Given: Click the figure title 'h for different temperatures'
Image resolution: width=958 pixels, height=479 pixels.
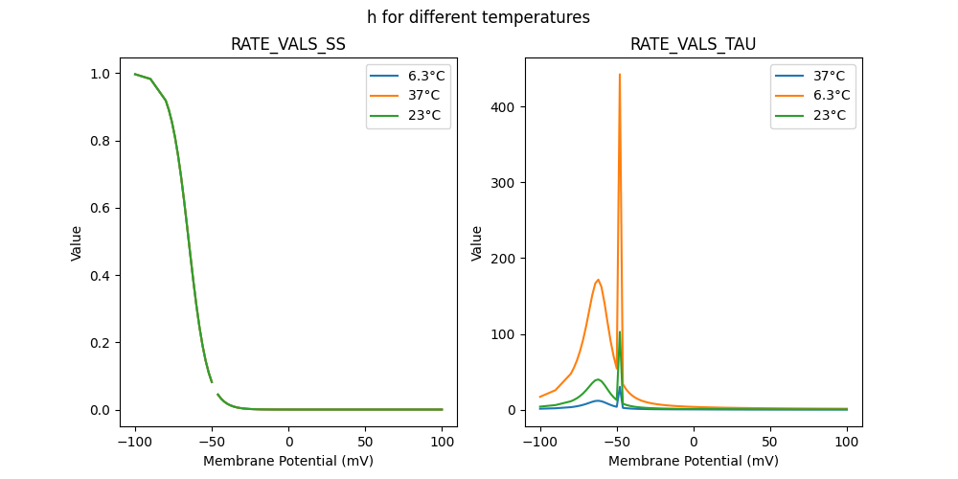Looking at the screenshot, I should point(478,17).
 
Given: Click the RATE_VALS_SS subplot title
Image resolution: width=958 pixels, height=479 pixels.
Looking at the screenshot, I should point(288,45).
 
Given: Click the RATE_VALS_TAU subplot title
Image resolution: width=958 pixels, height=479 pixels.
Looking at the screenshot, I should point(693,45).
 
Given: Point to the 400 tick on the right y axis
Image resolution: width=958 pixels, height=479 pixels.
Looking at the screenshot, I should point(504,106).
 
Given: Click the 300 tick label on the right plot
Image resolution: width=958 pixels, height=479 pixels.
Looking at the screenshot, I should point(504,182).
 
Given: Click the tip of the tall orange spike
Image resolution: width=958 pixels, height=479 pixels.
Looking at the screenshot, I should point(620,74).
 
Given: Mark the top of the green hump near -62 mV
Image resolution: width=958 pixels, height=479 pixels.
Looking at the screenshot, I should point(599,379).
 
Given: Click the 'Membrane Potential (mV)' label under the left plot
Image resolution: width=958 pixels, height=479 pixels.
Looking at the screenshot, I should point(288,461).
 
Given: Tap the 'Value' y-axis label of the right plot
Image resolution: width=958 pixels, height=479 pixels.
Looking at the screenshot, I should point(476,243).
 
